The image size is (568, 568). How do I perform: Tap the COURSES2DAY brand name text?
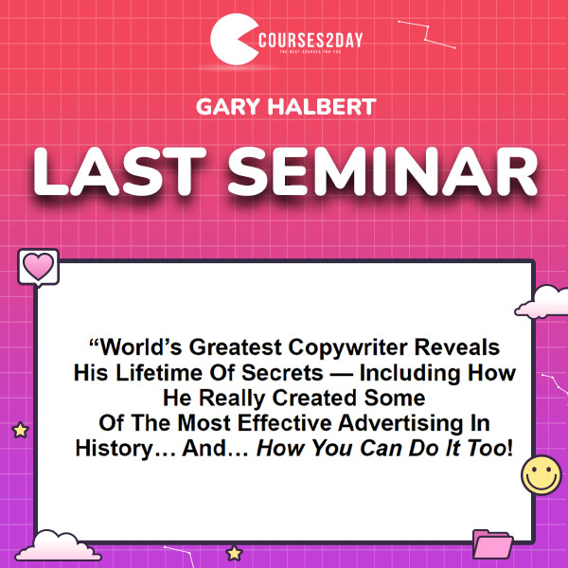[311, 40]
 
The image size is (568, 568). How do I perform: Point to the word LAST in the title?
[119, 171]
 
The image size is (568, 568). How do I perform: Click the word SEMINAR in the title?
[382, 171]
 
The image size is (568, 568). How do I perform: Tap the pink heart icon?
[38, 267]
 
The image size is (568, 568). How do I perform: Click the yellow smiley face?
[541, 475]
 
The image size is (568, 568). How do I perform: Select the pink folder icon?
[492, 544]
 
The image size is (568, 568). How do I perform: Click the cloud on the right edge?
[542, 302]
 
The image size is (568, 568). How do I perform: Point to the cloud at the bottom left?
[58, 545]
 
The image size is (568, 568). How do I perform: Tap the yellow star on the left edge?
[20, 430]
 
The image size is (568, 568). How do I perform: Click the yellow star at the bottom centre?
[234, 553]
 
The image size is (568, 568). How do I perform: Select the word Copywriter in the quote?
[347, 347]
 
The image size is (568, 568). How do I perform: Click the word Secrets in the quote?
[282, 373]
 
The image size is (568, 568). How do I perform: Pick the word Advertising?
[400, 423]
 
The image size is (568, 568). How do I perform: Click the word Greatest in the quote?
[236, 347]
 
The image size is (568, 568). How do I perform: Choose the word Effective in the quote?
[285, 423]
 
